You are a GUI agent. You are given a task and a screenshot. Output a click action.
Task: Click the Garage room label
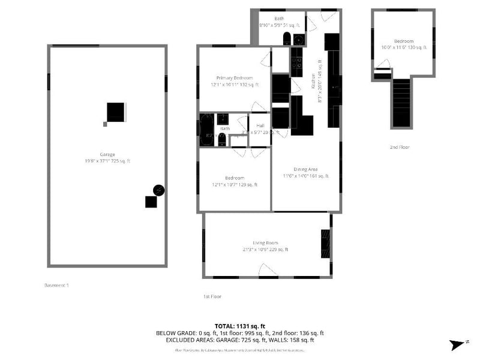click(107, 155)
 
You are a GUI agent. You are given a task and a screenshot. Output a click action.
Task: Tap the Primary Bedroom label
click(235, 78)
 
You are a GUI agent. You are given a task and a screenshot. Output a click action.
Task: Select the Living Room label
click(265, 243)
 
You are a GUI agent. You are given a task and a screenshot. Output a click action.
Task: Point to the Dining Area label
click(305, 169)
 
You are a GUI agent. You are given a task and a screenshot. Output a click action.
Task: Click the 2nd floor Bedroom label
click(403, 41)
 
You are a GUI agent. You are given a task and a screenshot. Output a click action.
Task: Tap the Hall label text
click(260, 125)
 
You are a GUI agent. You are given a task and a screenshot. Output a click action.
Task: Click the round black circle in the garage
click(158, 190)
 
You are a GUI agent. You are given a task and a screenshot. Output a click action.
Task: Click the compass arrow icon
click(458, 344)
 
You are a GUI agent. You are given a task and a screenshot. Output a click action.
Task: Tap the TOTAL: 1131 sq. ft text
click(239, 326)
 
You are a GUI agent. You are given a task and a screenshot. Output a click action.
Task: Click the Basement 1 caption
click(57, 285)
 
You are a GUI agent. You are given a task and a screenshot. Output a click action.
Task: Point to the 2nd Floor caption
click(399, 146)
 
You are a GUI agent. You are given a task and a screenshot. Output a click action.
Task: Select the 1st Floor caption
click(212, 296)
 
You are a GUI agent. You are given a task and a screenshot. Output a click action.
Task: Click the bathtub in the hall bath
click(204, 130)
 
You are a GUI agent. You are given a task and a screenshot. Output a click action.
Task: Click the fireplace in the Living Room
click(325, 244)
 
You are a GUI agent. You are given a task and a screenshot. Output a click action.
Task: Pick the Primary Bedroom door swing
click(266, 59)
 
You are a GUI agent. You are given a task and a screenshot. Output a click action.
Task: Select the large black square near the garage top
click(115, 112)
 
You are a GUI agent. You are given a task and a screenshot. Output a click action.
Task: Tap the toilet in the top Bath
click(287, 40)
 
